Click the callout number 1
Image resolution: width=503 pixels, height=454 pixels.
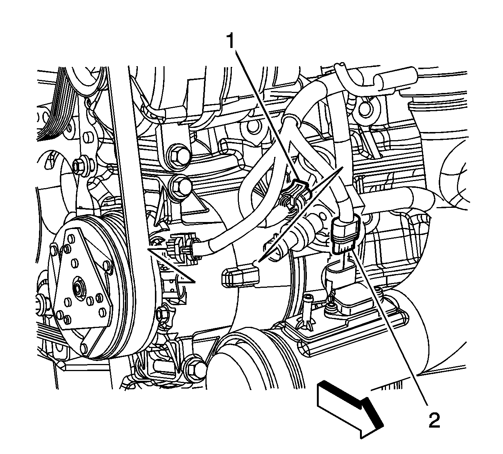tap(230, 41)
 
